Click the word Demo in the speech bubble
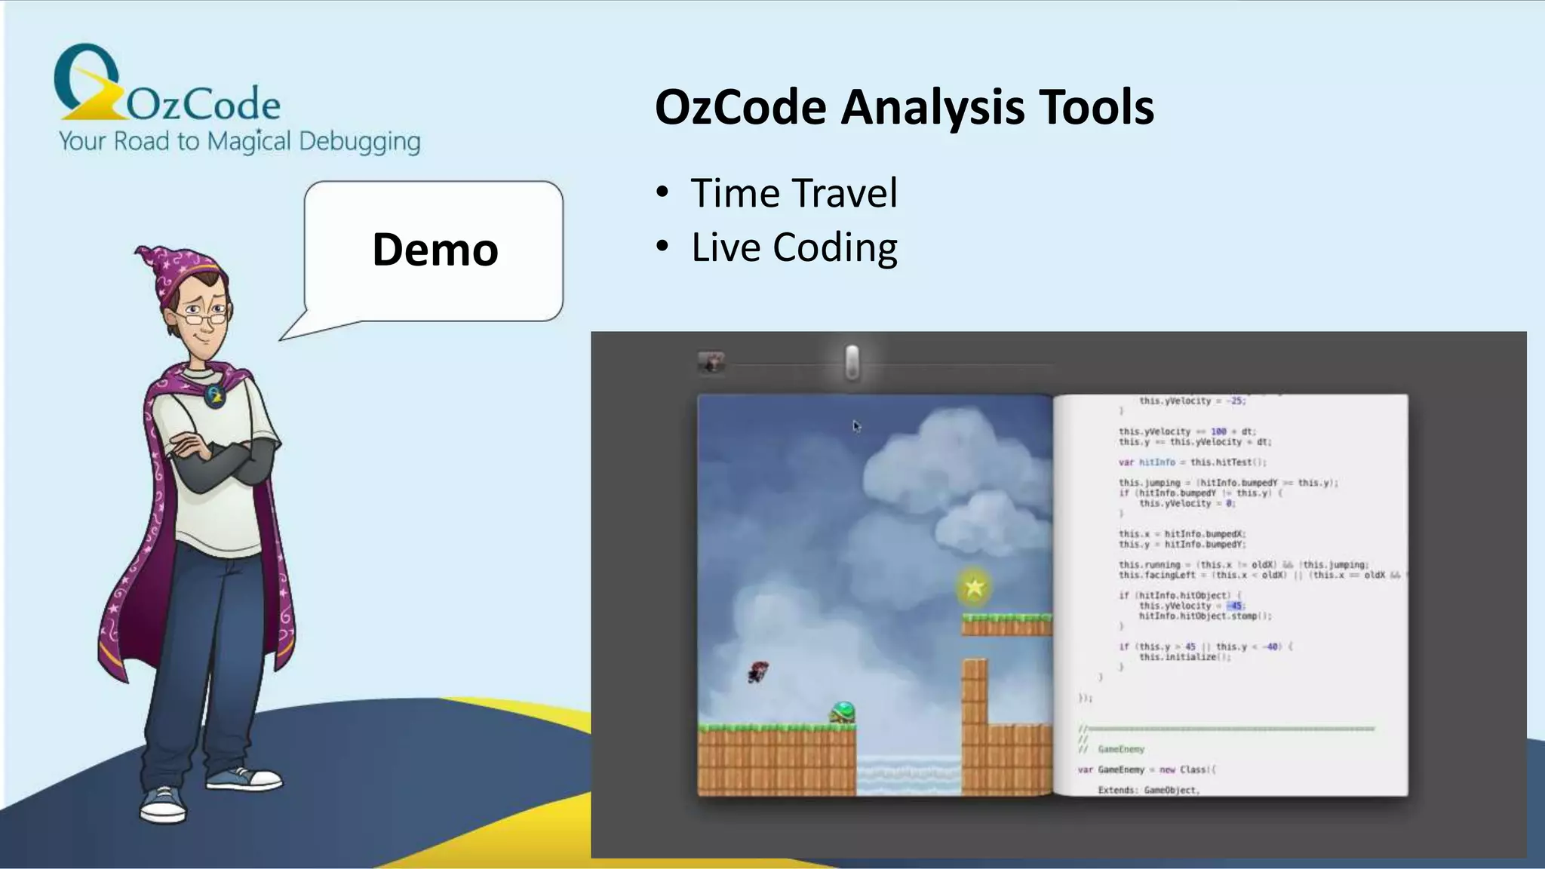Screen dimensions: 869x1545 pyautogui.click(x=435, y=250)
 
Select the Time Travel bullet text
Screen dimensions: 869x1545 pyautogui.click(x=794, y=193)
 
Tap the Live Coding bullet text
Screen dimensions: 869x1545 pyautogui.click(x=794, y=247)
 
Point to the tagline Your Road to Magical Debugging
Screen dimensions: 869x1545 pyautogui.click(x=239, y=141)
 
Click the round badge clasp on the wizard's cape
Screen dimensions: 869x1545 pyautogui.click(x=215, y=395)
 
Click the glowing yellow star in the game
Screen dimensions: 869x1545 pyautogui.click(x=974, y=587)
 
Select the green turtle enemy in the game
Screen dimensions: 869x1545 pyautogui.click(x=843, y=712)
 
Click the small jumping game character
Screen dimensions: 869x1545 pyautogui.click(x=758, y=671)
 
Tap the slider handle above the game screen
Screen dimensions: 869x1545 pyautogui.click(x=852, y=362)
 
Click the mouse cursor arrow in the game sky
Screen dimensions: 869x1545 pyautogui.click(x=856, y=426)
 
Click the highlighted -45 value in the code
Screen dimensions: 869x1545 pyautogui.click(x=1235, y=606)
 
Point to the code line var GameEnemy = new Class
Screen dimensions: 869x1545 pyautogui.click(x=1147, y=769)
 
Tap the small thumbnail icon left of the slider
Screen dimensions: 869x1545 pyautogui.click(x=711, y=363)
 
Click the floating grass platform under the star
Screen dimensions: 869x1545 pyautogui.click(x=1006, y=625)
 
